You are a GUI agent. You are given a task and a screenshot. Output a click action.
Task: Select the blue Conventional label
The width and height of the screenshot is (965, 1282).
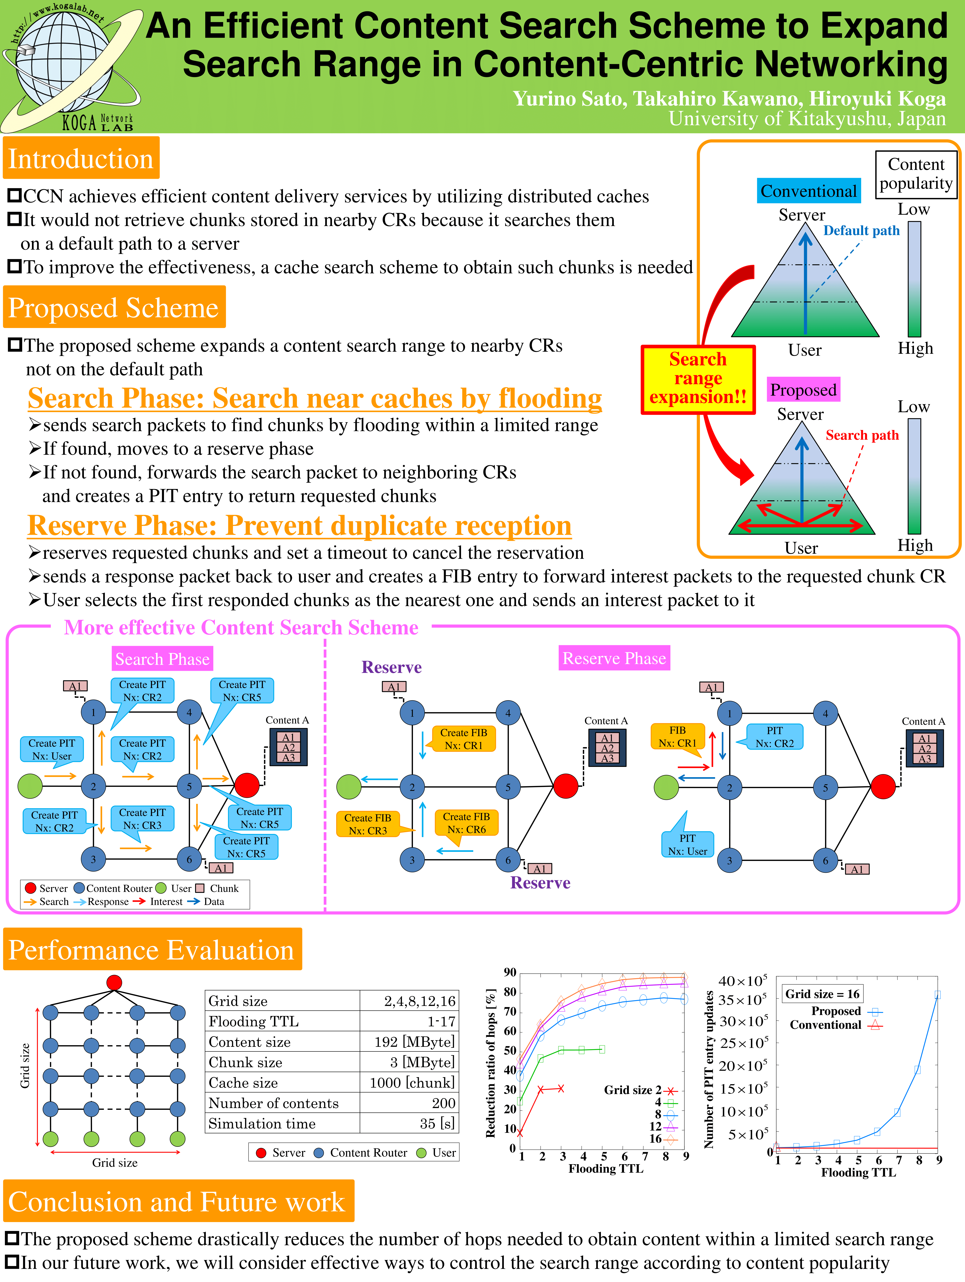(808, 191)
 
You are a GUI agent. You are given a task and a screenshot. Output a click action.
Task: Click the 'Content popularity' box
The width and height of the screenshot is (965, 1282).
(916, 174)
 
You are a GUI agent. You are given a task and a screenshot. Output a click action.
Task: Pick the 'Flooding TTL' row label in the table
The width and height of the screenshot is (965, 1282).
(253, 1021)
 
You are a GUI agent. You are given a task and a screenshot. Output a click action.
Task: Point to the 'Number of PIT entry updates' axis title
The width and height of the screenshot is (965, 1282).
(709, 1069)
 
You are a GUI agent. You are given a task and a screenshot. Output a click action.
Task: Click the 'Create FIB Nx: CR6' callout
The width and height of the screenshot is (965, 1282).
(466, 823)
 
